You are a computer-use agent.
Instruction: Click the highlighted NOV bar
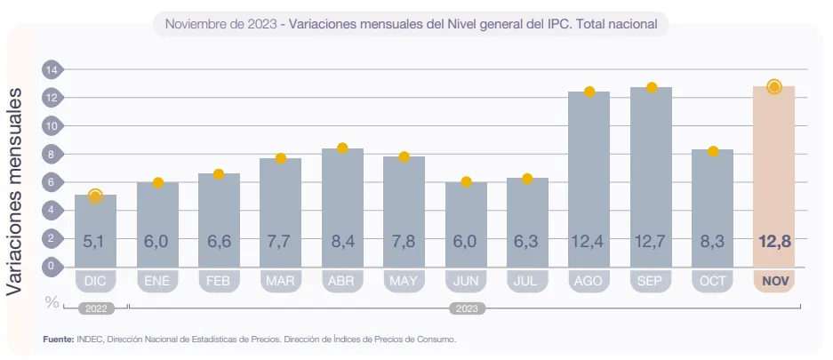(x=773, y=178)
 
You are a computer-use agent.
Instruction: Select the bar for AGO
(x=589, y=178)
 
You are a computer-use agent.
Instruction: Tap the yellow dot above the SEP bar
(x=652, y=87)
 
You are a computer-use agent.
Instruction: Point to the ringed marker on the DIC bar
(x=96, y=196)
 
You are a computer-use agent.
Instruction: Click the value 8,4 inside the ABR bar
(x=342, y=241)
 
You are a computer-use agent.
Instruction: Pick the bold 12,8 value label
(x=773, y=241)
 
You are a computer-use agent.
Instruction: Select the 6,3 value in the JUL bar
(x=527, y=241)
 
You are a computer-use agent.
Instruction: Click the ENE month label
(x=157, y=281)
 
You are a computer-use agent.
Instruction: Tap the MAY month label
(x=404, y=281)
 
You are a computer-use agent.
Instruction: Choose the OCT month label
(x=712, y=281)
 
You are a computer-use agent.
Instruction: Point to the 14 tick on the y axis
(x=51, y=69)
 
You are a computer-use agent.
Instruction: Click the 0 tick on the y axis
(x=51, y=266)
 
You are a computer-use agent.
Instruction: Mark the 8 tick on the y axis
(x=51, y=154)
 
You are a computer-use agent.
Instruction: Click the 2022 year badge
(x=96, y=309)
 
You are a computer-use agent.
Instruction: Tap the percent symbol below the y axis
(x=52, y=302)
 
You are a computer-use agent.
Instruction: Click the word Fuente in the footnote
(x=58, y=339)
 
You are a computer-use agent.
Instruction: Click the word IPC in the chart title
(x=558, y=25)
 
